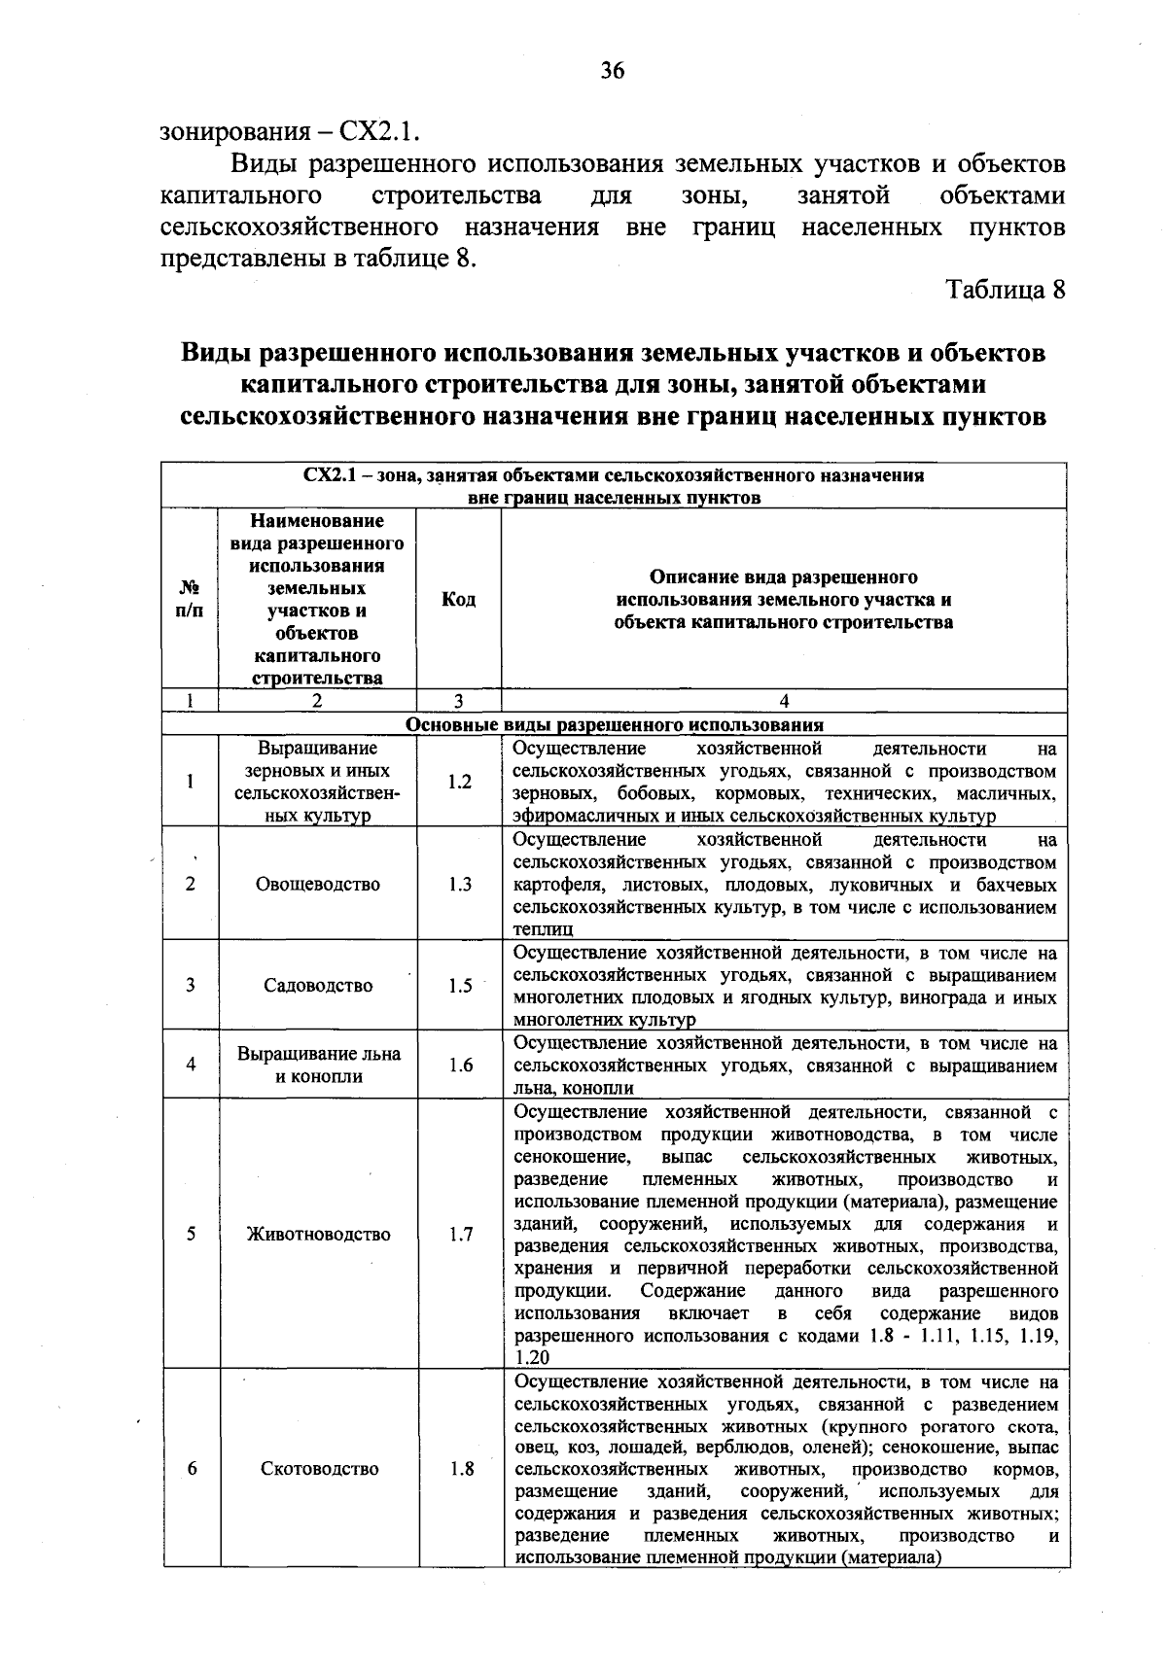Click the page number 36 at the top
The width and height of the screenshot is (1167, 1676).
(613, 70)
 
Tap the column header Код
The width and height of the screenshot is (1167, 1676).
(458, 600)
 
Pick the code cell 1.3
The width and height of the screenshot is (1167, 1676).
(459, 884)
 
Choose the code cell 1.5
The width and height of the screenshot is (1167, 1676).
(459, 985)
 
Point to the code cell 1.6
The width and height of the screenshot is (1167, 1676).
(459, 1065)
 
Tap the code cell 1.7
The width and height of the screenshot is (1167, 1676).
(459, 1234)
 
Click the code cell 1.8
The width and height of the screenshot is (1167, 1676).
(459, 1468)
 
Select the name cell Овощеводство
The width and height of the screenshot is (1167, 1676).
(318, 884)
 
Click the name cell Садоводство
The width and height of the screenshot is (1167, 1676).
(318, 985)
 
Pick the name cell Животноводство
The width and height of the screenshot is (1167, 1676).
(318, 1234)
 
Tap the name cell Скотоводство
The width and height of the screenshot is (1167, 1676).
(319, 1468)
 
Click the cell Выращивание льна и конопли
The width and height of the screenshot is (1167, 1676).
(318, 1065)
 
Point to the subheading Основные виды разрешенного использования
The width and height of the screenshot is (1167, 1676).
(614, 725)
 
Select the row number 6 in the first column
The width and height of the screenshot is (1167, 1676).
(192, 1468)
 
